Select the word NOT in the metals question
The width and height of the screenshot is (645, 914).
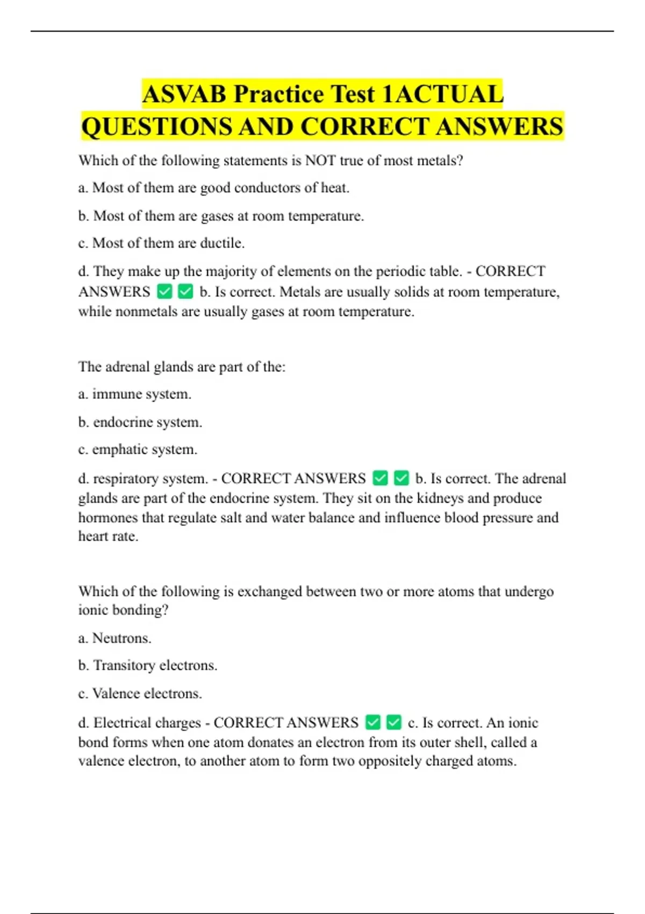point(320,161)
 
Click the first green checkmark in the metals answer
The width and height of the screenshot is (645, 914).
point(164,292)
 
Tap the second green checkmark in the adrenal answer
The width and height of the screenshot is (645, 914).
point(401,478)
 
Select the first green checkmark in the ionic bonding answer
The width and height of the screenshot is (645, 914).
point(372,722)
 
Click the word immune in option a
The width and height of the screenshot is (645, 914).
point(114,394)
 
